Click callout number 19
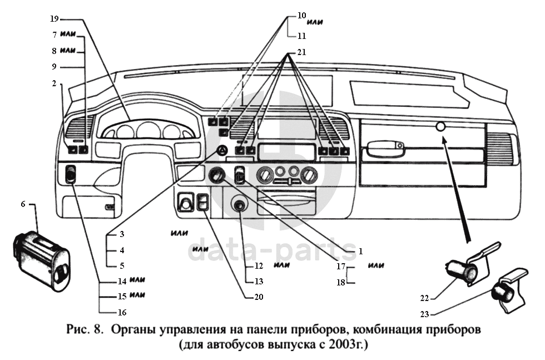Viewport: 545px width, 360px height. tap(54, 19)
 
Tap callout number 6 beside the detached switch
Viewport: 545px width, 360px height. tap(23, 204)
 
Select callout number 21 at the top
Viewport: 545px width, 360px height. tap(301, 52)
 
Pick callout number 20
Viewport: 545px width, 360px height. tap(258, 297)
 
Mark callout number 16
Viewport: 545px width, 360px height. tap(122, 312)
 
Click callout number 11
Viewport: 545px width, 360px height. tap(301, 35)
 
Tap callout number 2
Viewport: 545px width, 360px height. tap(54, 83)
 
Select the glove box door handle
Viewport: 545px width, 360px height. tap(384, 147)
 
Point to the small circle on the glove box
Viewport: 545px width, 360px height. tap(441, 127)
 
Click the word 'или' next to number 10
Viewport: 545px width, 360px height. tap(316, 22)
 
